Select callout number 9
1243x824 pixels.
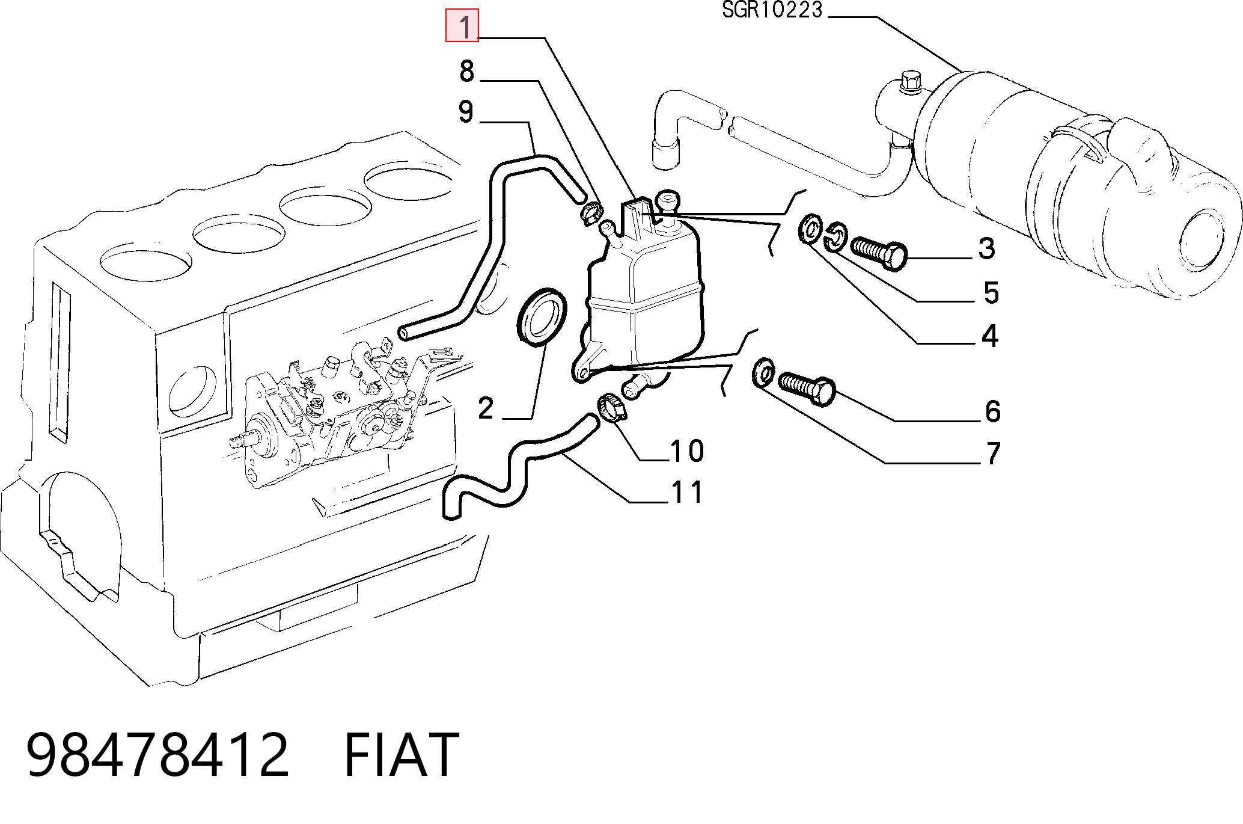pos(466,111)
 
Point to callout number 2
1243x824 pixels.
pos(486,408)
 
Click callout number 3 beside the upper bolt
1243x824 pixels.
pos(986,248)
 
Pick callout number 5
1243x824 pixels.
pos(991,292)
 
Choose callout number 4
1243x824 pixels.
pos(989,336)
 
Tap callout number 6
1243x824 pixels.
pos(993,411)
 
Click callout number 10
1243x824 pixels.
pos(686,450)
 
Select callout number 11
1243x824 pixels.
pos(686,492)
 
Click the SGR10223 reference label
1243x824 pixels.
pos(772,10)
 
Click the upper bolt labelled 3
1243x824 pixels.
pos(879,254)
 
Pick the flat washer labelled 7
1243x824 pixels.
pos(763,373)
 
